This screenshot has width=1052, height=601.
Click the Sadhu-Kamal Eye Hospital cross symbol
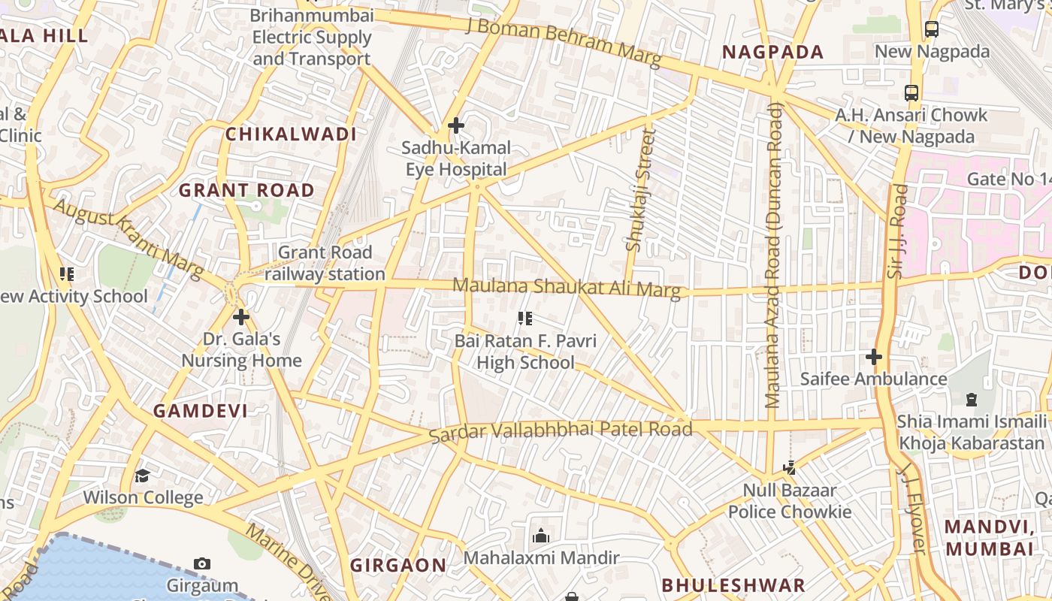tap(455, 125)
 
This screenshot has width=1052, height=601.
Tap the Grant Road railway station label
tap(325, 264)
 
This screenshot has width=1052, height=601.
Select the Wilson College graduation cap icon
tap(142, 476)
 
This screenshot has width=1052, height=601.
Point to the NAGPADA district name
tap(773, 52)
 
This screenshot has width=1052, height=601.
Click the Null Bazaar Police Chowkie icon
tap(789, 468)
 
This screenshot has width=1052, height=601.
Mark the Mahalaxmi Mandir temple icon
tap(540, 536)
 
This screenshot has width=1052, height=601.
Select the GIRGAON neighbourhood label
tap(398, 565)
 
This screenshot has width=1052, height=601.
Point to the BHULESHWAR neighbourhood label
tap(733, 585)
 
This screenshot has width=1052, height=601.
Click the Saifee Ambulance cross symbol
tap(873, 356)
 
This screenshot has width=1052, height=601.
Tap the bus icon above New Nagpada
tap(932, 29)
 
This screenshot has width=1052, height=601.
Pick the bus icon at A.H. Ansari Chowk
tap(911, 93)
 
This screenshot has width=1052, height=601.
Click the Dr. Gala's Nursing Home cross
tap(240, 316)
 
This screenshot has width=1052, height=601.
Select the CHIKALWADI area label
tap(291, 134)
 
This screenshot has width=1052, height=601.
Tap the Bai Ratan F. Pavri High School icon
tap(525, 319)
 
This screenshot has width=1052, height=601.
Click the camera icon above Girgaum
tap(201, 563)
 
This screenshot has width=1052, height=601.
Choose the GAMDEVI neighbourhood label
tap(201, 410)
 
